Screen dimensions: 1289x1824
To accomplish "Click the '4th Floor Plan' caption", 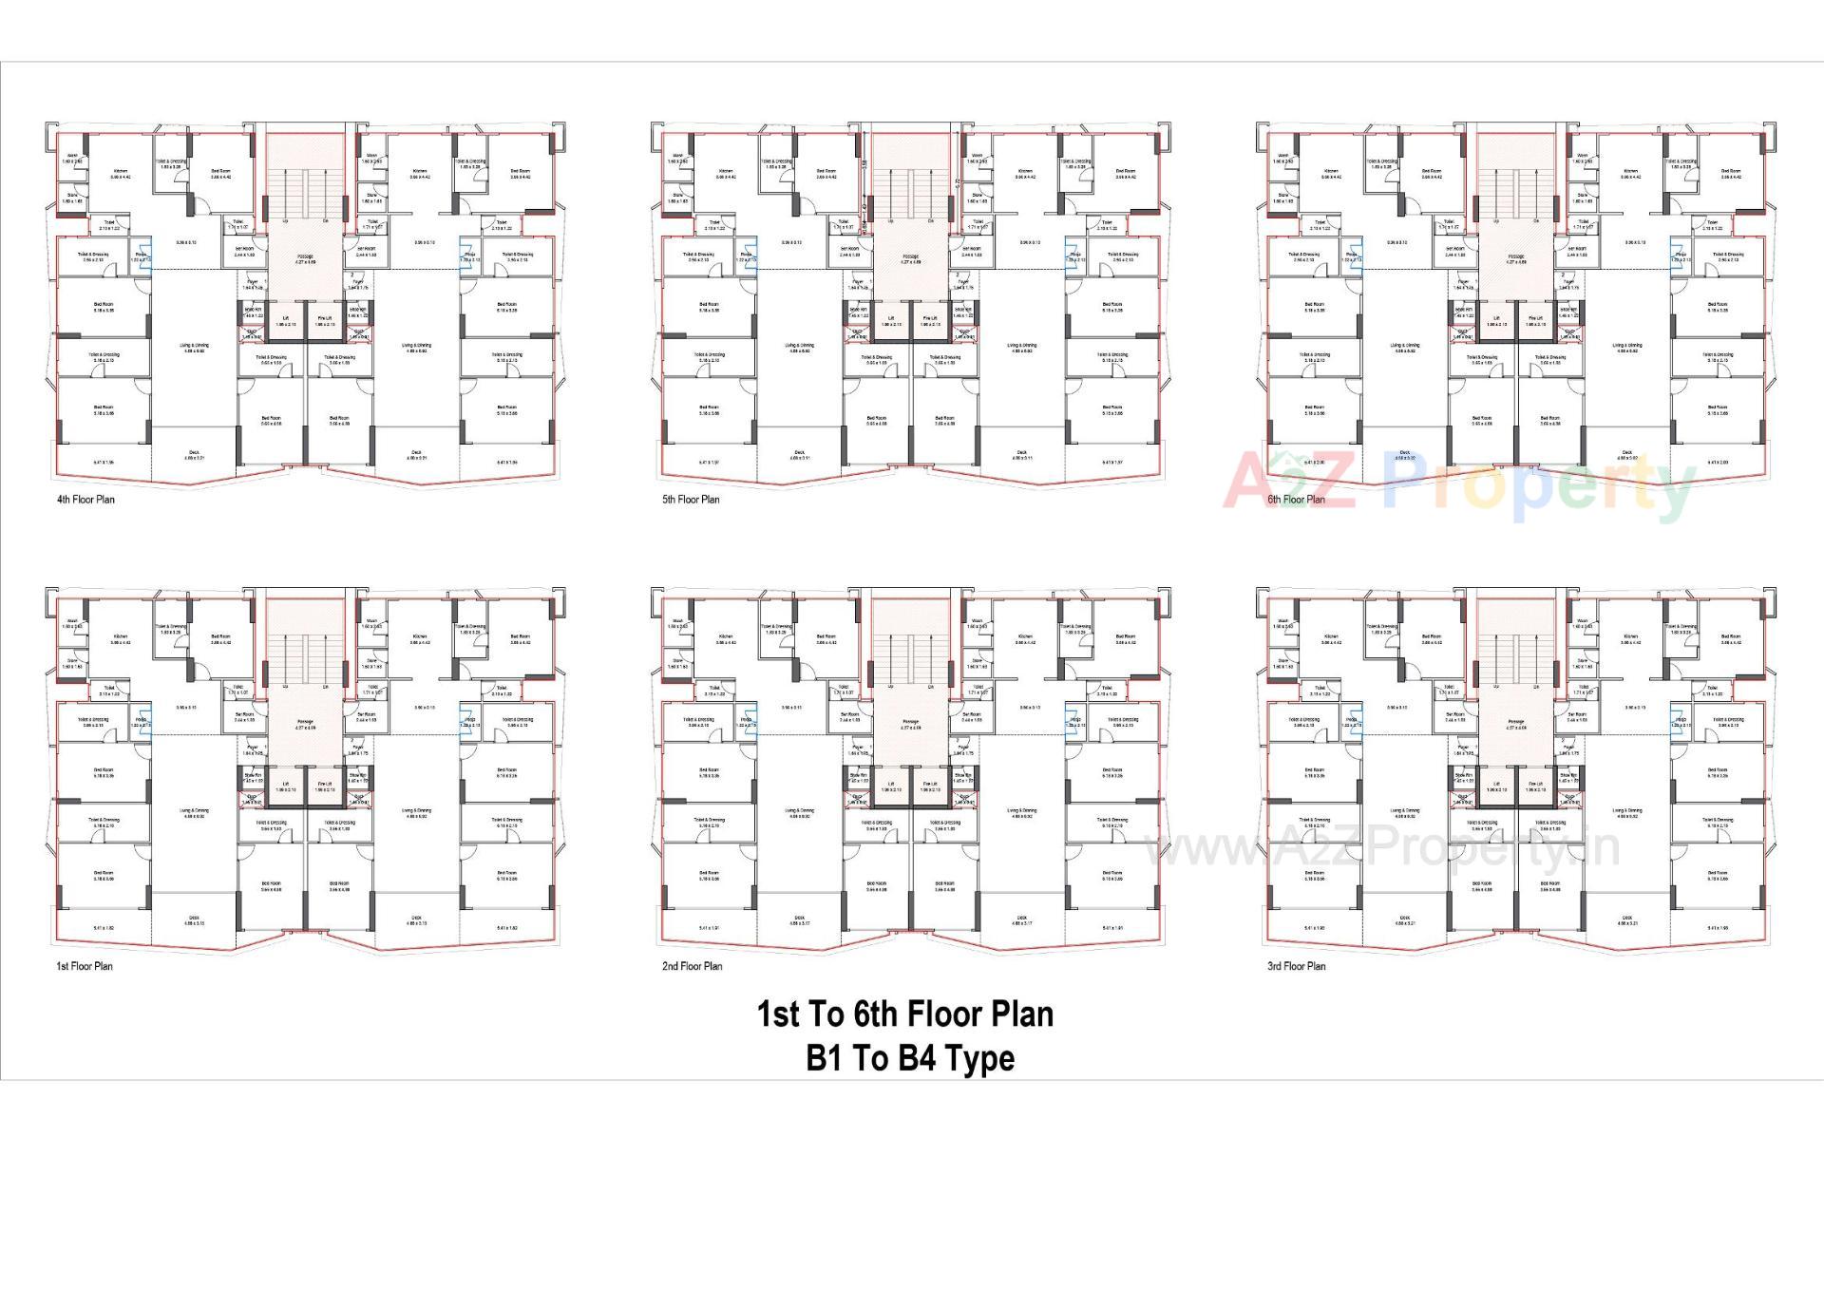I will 85,500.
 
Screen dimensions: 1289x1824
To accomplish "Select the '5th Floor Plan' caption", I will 691,500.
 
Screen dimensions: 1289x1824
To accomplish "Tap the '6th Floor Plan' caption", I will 1296,500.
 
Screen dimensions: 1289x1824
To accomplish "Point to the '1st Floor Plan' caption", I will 84,966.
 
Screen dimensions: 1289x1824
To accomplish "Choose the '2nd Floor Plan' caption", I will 692,966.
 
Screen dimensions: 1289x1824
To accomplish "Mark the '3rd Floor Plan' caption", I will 1296,966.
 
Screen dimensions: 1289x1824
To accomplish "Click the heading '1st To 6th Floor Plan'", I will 904,1014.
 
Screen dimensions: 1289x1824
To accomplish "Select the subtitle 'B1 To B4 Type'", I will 910,1058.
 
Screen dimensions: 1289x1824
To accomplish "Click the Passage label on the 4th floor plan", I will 305,258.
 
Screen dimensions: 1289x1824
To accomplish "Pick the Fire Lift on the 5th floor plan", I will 929,321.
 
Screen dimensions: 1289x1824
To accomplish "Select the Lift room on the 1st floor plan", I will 285,787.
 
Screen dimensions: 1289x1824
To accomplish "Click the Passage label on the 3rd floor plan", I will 1515,724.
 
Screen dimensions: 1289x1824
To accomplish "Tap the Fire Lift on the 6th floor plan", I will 1535,321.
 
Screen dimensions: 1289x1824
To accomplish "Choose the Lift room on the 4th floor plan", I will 285,321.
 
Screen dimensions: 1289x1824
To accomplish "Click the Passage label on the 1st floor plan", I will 305,724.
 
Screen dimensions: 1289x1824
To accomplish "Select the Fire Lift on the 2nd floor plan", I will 929,787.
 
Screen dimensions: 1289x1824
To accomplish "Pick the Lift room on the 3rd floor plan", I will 1495,787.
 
